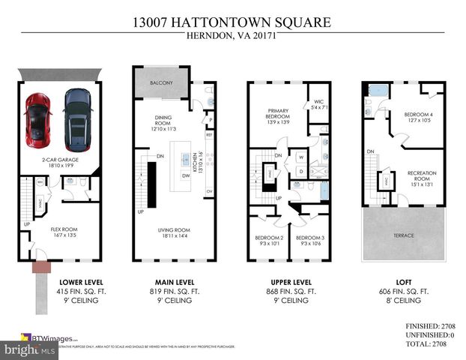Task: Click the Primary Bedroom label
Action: pyautogui.click(x=279, y=118)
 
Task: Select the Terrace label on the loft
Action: pyautogui.click(x=404, y=235)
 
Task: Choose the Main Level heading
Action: pyautogui.click(x=175, y=281)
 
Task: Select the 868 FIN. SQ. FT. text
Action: pyautogui.click(x=288, y=290)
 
